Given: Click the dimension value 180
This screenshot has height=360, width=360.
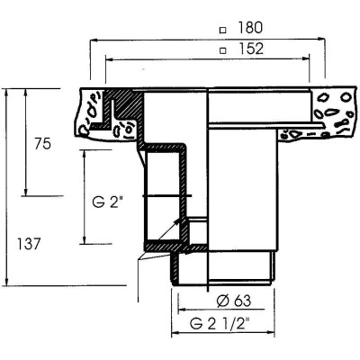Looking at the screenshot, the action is click(250, 28).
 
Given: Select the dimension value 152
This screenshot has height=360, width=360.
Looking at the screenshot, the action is click(251, 49).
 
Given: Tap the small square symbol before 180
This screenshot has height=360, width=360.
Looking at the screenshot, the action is click(222, 30).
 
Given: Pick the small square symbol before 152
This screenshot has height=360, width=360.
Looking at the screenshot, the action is click(222, 50).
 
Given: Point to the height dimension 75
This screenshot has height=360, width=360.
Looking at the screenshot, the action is click(42, 144).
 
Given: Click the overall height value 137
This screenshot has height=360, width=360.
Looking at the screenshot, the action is click(29, 244).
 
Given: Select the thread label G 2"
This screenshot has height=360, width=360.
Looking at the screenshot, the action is click(107, 202).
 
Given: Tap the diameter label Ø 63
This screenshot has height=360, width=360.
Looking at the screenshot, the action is click(233, 301).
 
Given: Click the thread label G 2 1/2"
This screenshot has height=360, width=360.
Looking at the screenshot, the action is click(220, 324).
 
